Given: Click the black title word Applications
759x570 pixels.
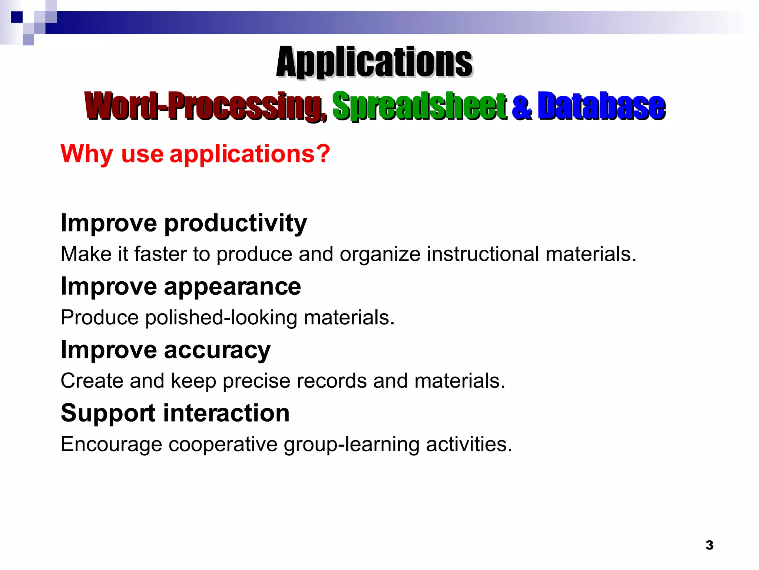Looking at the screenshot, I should pos(374,62).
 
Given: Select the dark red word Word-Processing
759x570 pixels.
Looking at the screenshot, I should pos(203,107).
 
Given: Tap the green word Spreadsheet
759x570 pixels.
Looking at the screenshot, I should pos(419,107).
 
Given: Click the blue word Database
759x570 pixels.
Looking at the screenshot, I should pos(601,107).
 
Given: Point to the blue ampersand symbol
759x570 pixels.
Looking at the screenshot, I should pos(522,108).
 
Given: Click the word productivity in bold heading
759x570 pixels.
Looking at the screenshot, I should pos(235,223).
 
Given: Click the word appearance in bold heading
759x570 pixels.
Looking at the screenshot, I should pos(232,287).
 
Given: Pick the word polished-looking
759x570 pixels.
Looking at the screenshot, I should pos(221,318).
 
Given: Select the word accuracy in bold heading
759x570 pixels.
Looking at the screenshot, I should pos(217,350).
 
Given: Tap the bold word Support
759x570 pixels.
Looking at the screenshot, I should pos(108,413).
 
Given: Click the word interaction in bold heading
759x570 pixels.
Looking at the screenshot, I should pos(226,413).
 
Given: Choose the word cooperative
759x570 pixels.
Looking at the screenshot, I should pos(223,445).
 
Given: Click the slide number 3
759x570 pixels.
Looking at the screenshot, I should pos(709,545).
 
